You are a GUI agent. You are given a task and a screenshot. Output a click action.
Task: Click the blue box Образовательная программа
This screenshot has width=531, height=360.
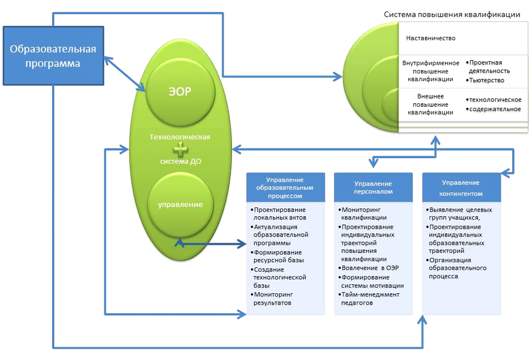[x=53, y=56]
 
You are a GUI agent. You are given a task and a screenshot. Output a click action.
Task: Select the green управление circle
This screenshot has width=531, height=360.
[x=180, y=205]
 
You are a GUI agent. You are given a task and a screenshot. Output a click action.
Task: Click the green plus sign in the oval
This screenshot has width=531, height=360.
[x=180, y=150]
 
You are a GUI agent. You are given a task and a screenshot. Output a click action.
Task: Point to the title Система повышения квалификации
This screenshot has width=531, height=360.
[x=452, y=15]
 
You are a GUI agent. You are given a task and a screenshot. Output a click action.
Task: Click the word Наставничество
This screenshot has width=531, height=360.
[x=430, y=39]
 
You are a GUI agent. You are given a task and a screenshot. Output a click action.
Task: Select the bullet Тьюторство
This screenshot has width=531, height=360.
[x=487, y=80]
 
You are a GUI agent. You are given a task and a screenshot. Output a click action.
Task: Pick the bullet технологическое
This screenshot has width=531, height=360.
[x=495, y=100]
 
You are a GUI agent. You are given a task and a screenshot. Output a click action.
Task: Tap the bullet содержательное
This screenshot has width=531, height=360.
[x=495, y=109]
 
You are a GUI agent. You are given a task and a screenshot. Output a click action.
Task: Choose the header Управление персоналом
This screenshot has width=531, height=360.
[x=373, y=188]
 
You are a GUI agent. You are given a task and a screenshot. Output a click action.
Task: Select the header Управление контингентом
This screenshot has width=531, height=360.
[x=461, y=188]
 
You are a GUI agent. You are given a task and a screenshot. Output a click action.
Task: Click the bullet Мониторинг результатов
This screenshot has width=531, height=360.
[x=273, y=299]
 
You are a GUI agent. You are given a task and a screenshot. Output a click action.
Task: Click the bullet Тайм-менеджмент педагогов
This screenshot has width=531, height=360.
[x=370, y=299]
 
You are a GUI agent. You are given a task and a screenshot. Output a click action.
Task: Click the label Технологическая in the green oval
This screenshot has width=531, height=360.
[x=180, y=137]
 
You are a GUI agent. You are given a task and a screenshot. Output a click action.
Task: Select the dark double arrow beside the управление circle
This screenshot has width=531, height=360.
[x=212, y=243]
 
